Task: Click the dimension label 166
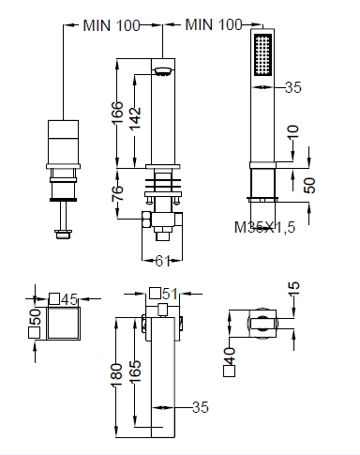(117, 113)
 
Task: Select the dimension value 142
(135, 118)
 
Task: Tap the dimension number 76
(117, 193)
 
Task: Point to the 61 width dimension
(162, 261)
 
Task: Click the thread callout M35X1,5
(264, 227)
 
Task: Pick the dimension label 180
(116, 374)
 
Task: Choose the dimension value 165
(135, 372)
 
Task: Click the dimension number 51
(171, 294)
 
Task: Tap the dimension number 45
(69, 300)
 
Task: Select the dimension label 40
(230, 356)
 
